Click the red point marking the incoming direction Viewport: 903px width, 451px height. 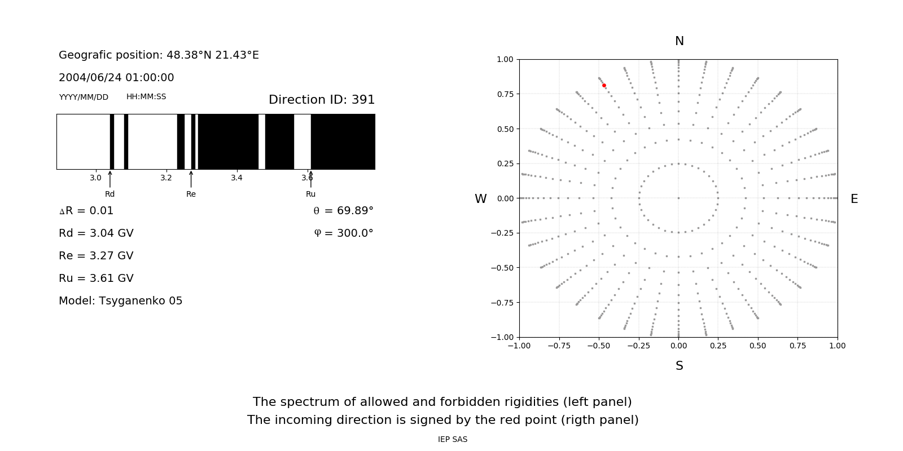pos(604,86)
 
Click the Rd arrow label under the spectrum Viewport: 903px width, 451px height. pos(109,194)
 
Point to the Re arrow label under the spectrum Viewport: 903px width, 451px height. pos(191,194)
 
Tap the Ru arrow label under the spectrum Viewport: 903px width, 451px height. pos(310,194)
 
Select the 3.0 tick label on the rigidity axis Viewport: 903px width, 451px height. pos(95,178)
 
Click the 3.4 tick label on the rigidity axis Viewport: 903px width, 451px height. pos(236,178)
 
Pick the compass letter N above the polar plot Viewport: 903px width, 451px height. pos(680,41)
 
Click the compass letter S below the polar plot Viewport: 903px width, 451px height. pos(680,366)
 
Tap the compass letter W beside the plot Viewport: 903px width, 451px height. pos(480,199)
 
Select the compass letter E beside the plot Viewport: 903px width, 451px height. pos(854,199)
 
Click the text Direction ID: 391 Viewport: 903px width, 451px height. pos(322,100)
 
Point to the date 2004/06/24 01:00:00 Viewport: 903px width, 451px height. pos(116,78)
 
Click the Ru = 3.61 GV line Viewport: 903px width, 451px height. pos(96,278)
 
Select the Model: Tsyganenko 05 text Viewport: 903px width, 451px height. pos(121,301)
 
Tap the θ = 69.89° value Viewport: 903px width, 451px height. pos(343,211)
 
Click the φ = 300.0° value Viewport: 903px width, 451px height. pos(343,233)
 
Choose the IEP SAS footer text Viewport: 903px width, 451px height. pos(452,440)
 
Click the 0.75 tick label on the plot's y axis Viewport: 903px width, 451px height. pos(505,94)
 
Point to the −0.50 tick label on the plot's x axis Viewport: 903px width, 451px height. pos(599,346)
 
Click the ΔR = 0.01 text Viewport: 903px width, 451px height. pos(86,211)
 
